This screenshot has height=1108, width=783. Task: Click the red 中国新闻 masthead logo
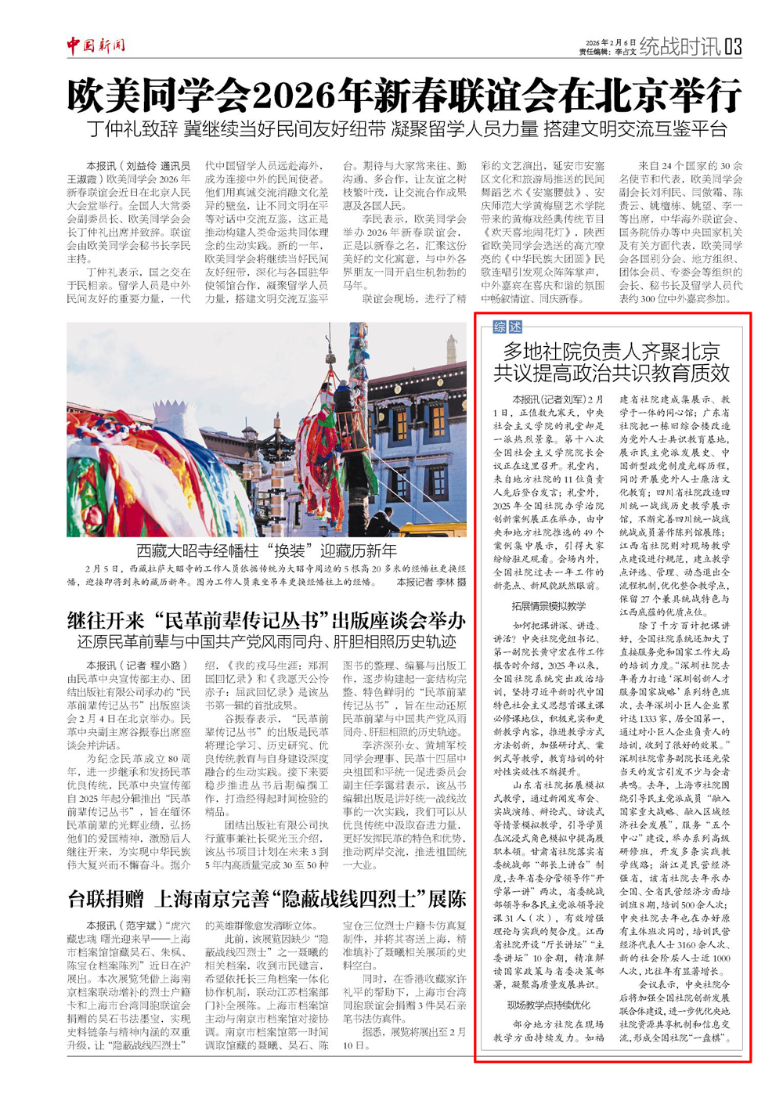coord(96,45)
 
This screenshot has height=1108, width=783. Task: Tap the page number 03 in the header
coord(732,46)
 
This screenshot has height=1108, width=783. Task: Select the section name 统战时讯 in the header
coord(680,46)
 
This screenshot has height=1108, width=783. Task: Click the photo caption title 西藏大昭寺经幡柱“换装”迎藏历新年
coord(266,550)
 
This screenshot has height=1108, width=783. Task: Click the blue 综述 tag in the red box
coord(507,327)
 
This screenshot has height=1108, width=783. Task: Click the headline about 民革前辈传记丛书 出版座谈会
coord(266,621)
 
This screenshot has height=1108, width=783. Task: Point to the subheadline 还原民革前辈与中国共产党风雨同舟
coord(266,642)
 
